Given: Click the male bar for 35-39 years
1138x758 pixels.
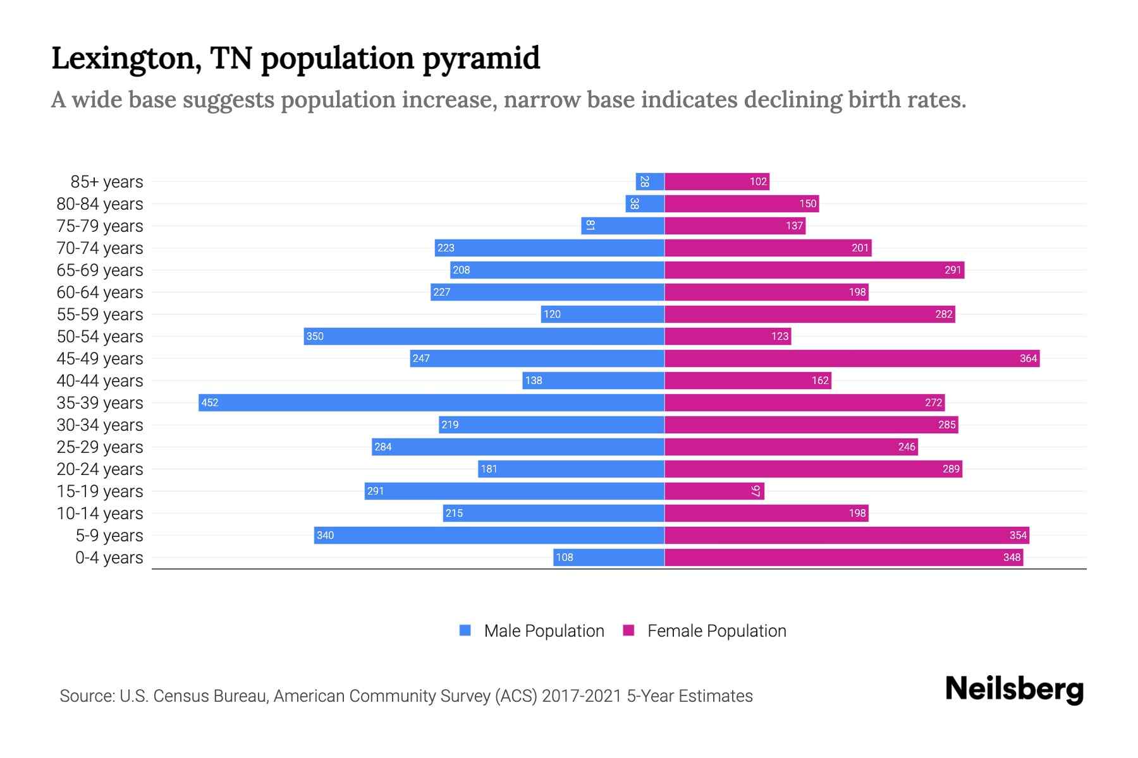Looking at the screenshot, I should tap(431, 402).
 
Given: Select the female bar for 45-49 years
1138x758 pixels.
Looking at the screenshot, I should tap(852, 358).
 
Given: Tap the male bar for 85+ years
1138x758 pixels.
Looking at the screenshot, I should tap(650, 181).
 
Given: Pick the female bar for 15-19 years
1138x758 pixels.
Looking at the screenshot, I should tap(714, 491).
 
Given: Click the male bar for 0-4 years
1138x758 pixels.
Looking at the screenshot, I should tap(609, 557).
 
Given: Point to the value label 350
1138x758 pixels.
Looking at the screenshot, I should tap(315, 336).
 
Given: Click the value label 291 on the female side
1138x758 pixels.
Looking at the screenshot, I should tap(953, 270).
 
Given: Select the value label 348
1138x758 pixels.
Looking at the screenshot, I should tap(1012, 557).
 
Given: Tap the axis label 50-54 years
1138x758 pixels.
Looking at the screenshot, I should tap(100, 337).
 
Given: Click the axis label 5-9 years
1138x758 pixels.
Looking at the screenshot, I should tap(109, 536).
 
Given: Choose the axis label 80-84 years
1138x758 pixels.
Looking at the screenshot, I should tap(100, 204).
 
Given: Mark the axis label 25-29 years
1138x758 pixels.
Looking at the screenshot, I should tap(100, 447).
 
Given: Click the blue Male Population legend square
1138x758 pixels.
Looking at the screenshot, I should tap(465, 630).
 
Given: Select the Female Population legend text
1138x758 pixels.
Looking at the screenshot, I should tap(716, 630).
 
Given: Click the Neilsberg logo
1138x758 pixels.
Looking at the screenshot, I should tap(1014, 689).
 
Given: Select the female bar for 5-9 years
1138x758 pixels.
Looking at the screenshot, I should tap(847, 535).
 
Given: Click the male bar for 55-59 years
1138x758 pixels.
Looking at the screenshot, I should tap(603, 314).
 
